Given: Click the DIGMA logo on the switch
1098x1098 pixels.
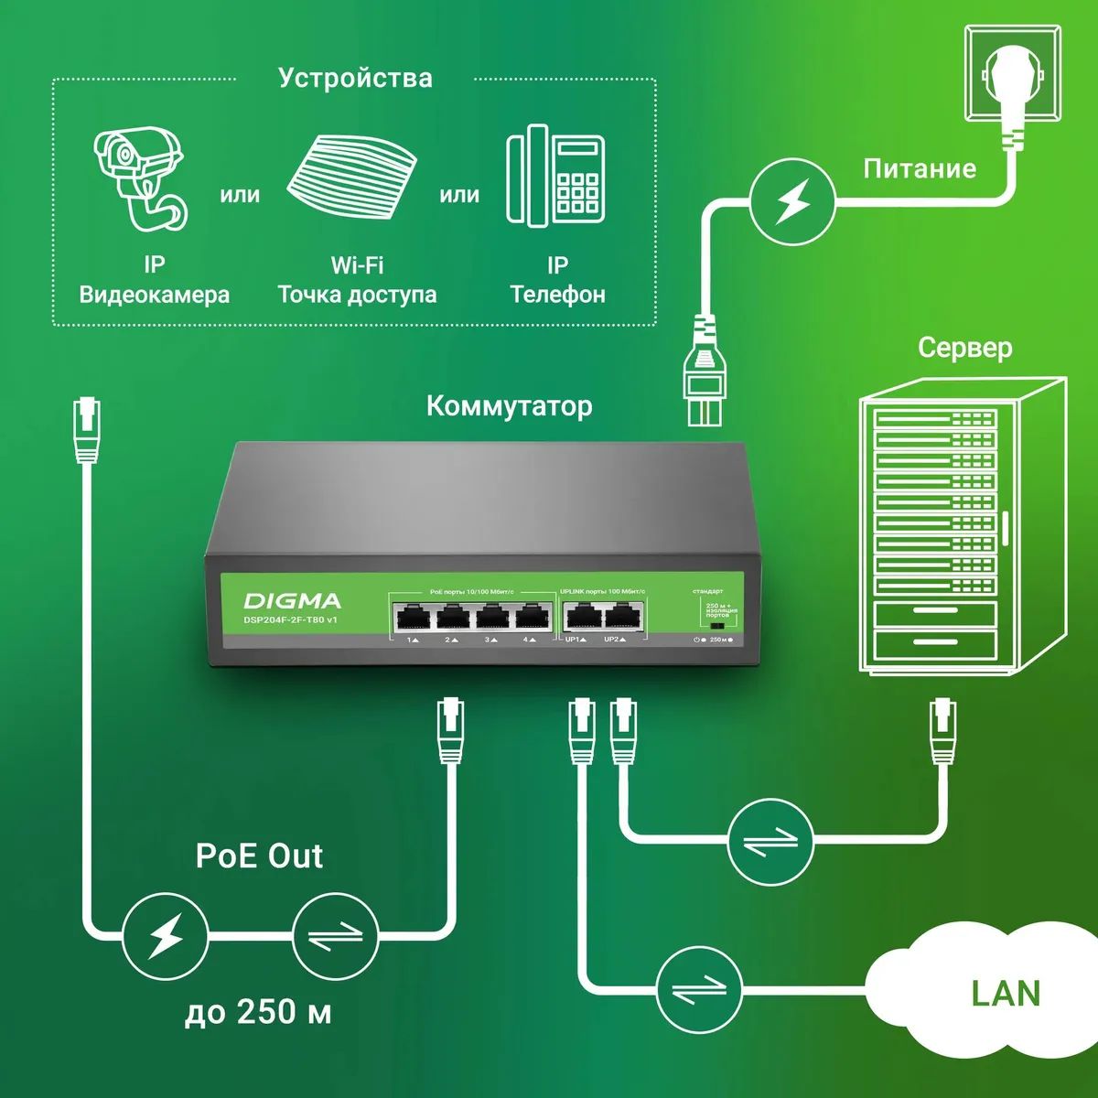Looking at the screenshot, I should click(x=292, y=600).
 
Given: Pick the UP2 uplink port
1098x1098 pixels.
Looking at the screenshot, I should click(x=621, y=618).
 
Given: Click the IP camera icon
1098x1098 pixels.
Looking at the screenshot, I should click(x=143, y=178).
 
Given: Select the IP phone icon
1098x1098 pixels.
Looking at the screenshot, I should click(x=555, y=176).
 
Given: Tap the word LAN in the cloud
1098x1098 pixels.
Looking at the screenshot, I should click(x=1006, y=994).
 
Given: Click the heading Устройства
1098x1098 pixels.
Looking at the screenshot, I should click(x=355, y=78).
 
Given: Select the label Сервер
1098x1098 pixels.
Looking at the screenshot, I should click(x=964, y=348).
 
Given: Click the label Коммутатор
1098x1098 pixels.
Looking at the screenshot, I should click(x=509, y=405).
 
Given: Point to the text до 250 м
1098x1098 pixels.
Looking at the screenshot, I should click(x=258, y=1012).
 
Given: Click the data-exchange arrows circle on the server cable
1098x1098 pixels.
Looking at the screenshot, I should click(x=770, y=840).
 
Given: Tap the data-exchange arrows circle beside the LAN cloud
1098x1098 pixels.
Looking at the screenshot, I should click(x=700, y=989).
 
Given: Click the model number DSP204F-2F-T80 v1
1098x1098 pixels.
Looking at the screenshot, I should click(x=291, y=620).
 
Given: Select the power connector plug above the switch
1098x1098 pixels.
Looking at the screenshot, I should click(x=704, y=375).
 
